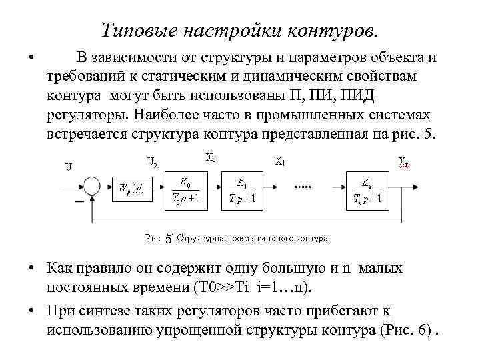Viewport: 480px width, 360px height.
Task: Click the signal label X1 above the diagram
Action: pos(280,161)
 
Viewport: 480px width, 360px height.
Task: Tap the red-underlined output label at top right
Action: pos(404,161)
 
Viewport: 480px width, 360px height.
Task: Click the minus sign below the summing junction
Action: pos(78,202)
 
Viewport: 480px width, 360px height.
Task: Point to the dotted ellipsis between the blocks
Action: pos(303,188)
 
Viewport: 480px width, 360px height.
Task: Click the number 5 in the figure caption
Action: pos(168,238)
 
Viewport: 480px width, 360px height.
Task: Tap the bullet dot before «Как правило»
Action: pos(32,269)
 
